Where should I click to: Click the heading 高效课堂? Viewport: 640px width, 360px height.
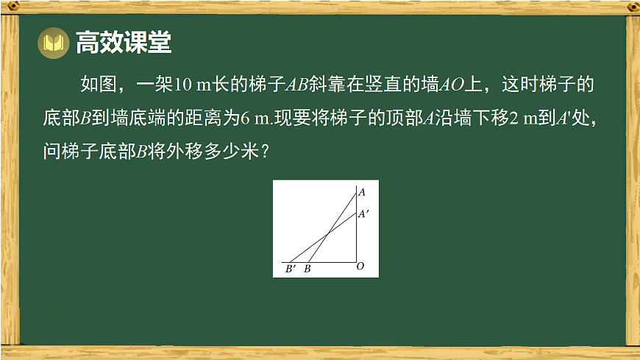[124, 43]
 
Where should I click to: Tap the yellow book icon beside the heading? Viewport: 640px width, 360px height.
[52, 43]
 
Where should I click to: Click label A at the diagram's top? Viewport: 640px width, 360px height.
[361, 192]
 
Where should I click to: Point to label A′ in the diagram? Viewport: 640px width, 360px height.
[363, 214]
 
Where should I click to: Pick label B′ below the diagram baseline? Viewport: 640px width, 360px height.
[290, 269]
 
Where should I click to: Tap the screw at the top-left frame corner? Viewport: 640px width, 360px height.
[10, 7]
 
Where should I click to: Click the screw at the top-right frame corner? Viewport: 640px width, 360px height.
[632, 7]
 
